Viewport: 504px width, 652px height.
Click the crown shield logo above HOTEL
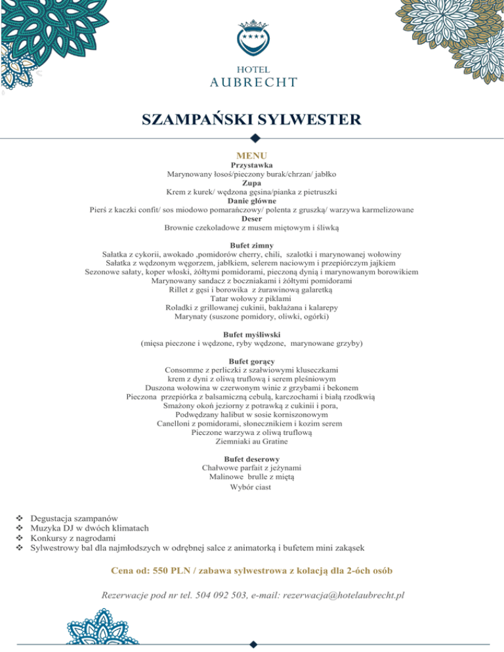pyautogui.click(x=251, y=40)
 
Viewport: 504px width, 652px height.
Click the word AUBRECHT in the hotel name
pyautogui.click(x=252, y=82)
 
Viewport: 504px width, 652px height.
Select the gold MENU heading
pyautogui.click(x=252, y=155)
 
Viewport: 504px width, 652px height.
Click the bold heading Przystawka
pyautogui.click(x=252, y=166)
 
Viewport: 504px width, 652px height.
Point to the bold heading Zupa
pyautogui.click(x=252, y=185)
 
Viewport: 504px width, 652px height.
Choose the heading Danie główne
pyautogui.click(x=252, y=201)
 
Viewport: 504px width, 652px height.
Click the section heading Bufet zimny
pyautogui.click(x=252, y=245)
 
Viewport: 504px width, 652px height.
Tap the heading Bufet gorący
pyautogui.click(x=252, y=361)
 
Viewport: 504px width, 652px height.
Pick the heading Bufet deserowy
pyautogui.click(x=252, y=458)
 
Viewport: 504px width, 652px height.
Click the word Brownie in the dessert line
pyautogui.click(x=181, y=228)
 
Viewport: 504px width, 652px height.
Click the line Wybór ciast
pyautogui.click(x=252, y=487)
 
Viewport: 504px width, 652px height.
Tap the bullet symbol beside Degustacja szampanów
pyautogui.click(x=19, y=518)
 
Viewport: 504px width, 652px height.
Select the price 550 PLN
pyautogui.click(x=174, y=570)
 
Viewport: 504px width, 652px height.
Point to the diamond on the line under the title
pyautogui.click(x=255, y=138)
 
